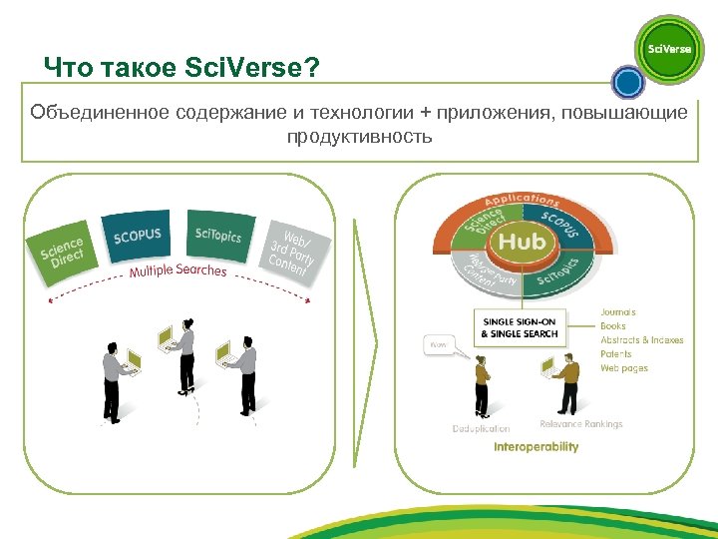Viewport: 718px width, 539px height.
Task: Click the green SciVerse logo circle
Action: [669, 49]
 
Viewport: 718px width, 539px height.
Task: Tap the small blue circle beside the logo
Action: [627, 80]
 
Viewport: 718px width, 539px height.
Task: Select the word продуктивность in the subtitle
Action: [359, 136]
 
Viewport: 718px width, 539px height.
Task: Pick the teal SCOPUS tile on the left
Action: [137, 235]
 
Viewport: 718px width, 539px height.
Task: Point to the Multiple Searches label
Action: [178, 270]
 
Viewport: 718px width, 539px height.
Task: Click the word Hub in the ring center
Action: [523, 242]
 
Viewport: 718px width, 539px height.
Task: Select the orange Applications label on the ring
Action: [522, 201]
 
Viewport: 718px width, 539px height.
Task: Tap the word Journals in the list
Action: [617, 312]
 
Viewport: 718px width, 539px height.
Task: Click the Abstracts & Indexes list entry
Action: [641, 340]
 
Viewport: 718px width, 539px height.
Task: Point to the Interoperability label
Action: [536, 447]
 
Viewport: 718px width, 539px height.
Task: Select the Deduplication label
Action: [481, 429]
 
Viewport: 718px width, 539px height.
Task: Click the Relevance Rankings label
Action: [580, 423]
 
